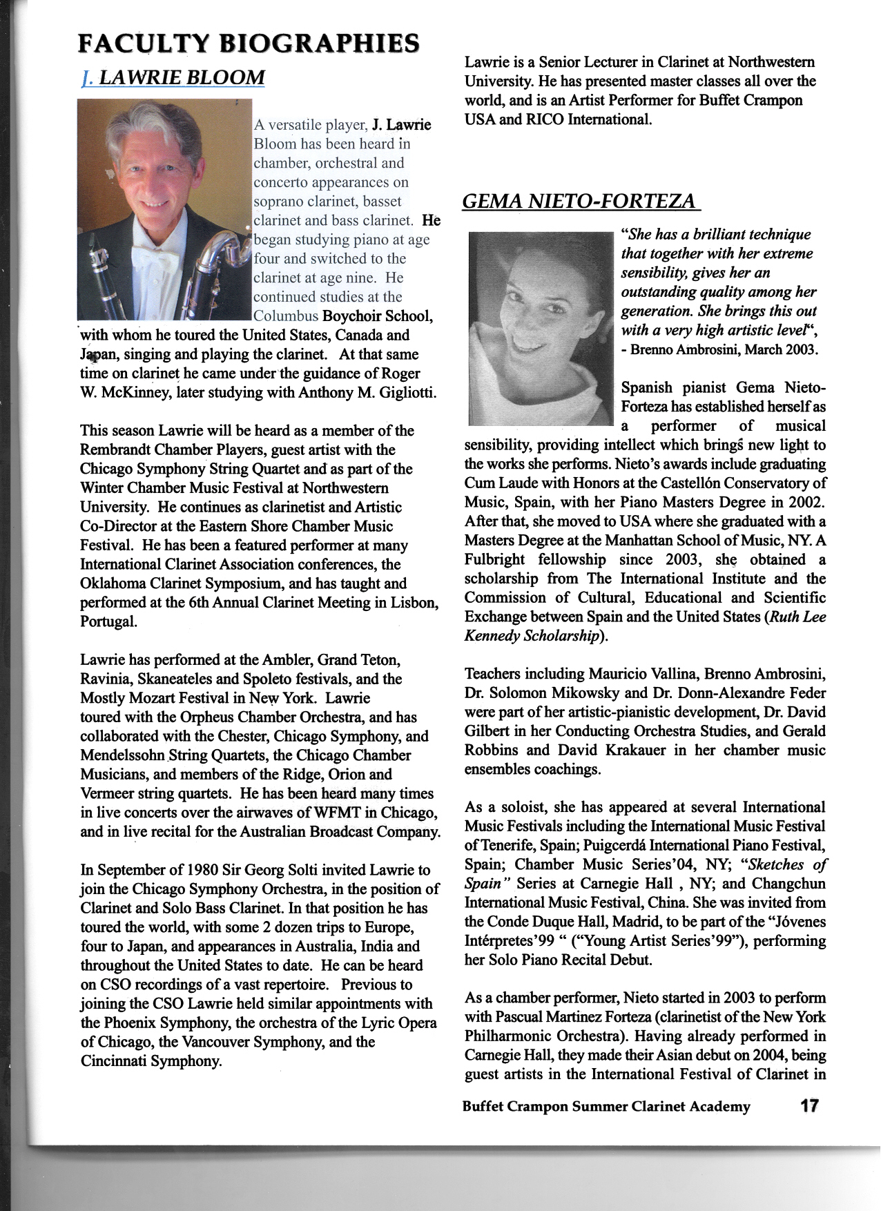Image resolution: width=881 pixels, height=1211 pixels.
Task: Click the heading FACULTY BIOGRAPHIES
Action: coord(249,43)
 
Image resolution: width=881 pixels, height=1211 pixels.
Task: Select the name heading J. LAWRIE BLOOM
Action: coord(173,77)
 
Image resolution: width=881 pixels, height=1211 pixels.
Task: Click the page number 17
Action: coord(809,1106)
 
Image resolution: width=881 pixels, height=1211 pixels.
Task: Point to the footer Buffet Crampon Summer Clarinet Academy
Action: coord(606,1107)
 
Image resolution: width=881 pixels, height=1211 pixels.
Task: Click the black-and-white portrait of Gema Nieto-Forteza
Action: coord(541,328)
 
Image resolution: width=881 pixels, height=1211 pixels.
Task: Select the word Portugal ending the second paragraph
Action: coord(108,621)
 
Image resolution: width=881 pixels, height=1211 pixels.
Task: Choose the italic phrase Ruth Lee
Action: coord(796,617)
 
